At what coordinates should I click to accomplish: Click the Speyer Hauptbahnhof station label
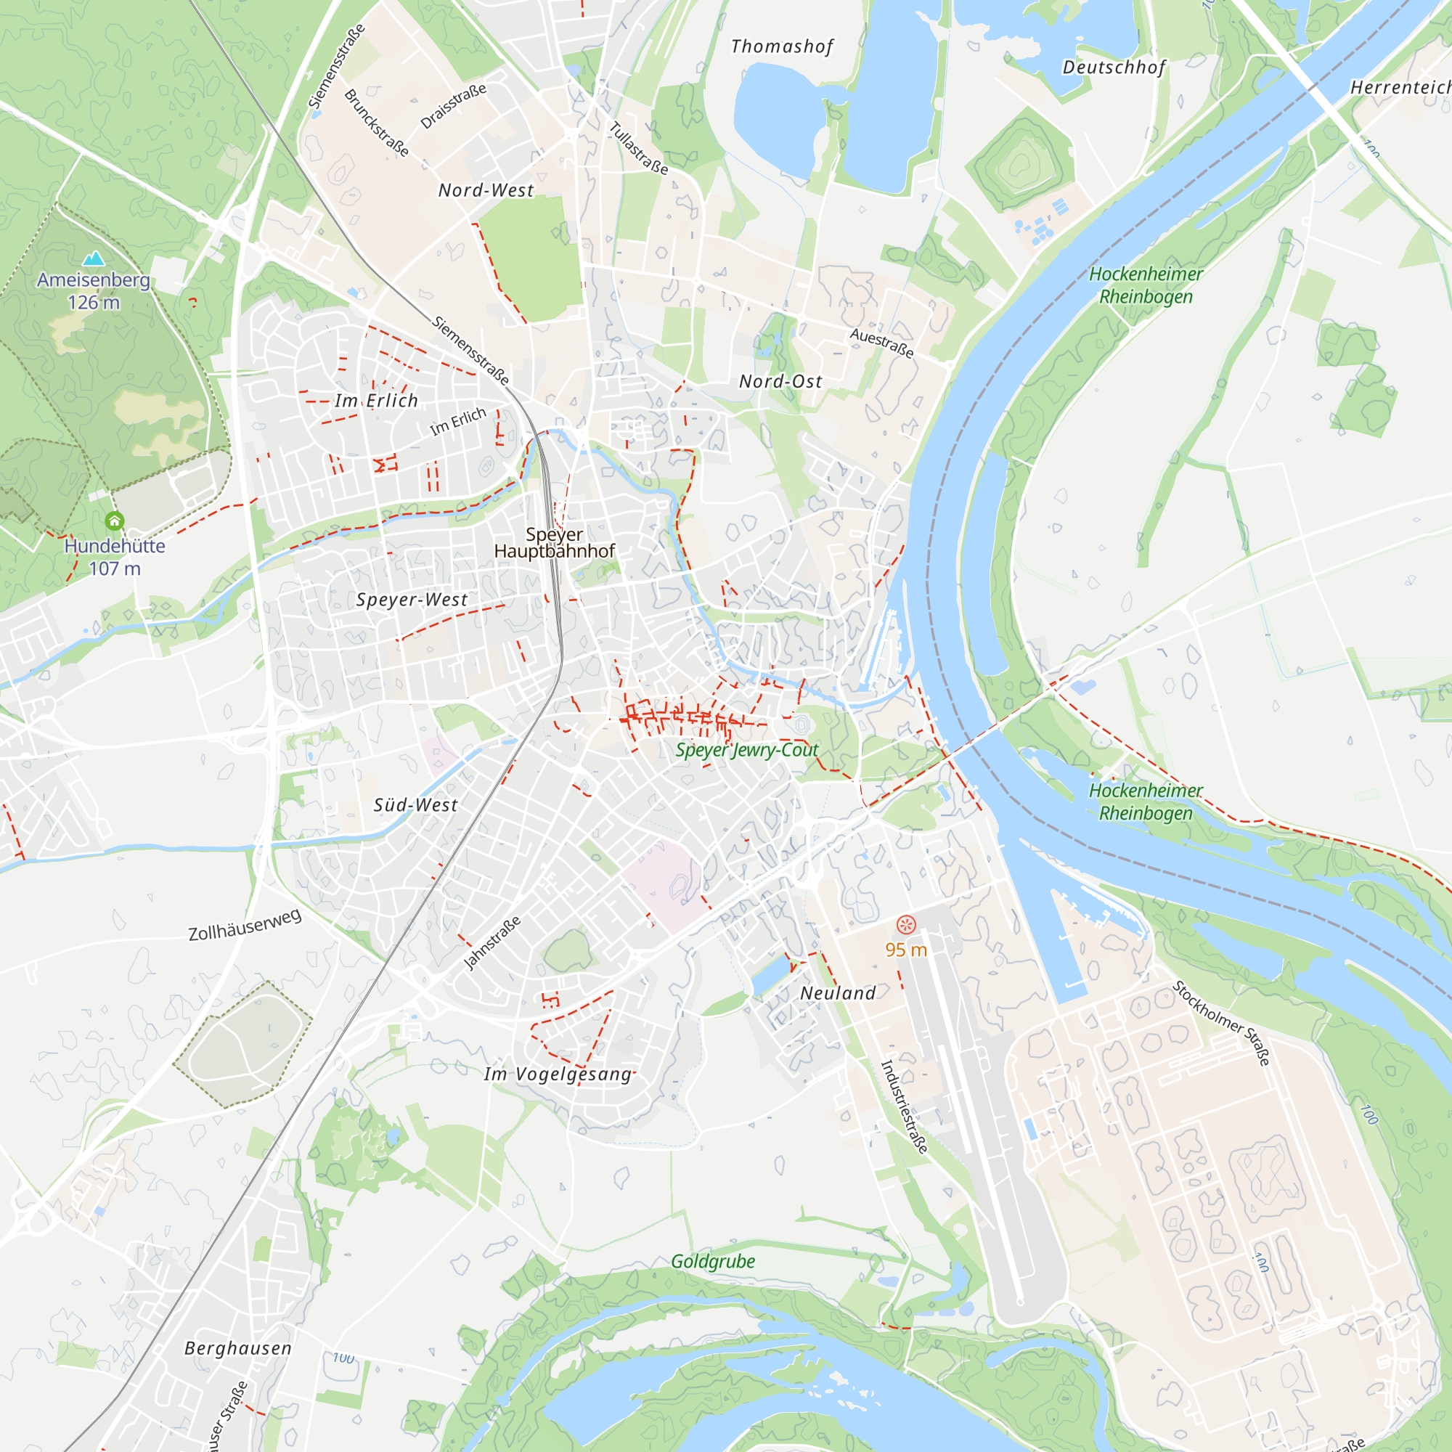[554, 542]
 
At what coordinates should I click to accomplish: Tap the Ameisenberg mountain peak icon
[94, 259]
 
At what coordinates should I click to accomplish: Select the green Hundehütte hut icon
[114, 520]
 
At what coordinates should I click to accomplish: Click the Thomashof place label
[782, 46]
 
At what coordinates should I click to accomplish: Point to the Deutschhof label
[1114, 68]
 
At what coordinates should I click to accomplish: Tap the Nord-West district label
[486, 191]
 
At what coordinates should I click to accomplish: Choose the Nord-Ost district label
[780, 382]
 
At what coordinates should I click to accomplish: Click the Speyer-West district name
[411, 600]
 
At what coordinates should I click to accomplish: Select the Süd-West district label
[415, 805]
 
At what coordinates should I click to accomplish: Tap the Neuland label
[838, 992]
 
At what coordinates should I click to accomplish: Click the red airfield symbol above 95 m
[905, 924]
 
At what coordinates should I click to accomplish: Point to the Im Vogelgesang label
[558, 1074]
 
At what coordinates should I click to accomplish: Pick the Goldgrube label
[712, 1261]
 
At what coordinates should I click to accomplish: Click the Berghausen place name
[237, 1348]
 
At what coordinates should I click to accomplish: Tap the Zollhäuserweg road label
[245, 925]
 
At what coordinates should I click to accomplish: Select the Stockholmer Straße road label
[1221, 1023]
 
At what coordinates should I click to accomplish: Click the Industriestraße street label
[904, 1106]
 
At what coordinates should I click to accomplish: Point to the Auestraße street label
[881, 343]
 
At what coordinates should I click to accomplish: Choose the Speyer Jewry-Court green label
[746, 750]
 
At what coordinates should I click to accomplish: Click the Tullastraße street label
[638, 148]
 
